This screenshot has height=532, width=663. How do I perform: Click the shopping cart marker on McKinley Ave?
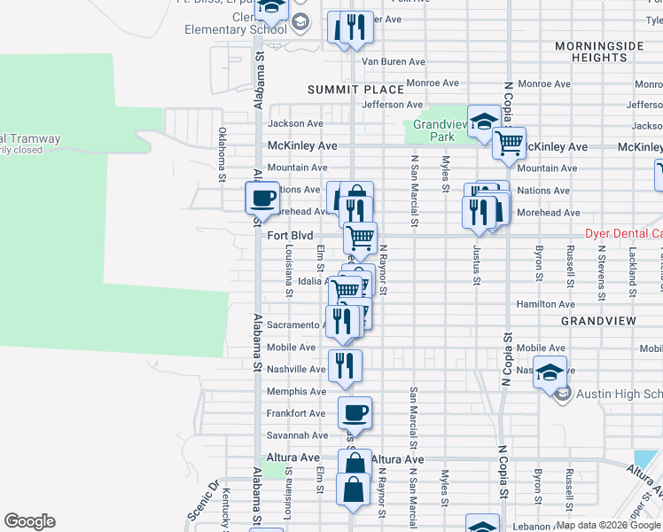(510, 142)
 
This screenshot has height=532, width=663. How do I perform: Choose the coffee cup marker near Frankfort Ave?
(355, 412)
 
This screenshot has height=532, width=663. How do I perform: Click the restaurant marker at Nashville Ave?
(345, 365)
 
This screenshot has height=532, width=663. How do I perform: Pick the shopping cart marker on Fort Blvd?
(361, 238)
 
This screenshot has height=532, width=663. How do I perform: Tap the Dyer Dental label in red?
(623, 234)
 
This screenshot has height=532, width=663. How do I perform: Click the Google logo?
(29, 521)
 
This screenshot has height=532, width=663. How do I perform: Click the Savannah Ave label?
(297, 435)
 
